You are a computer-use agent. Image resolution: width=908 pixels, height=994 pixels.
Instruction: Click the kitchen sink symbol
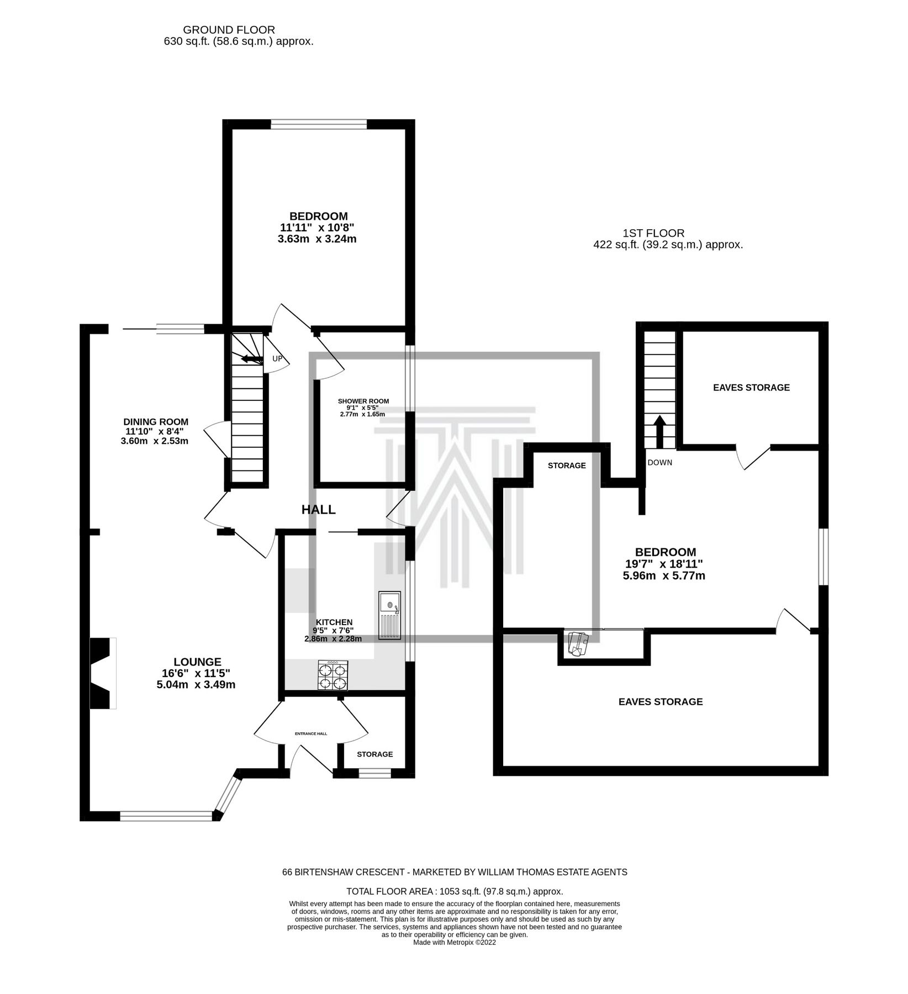[390, 616]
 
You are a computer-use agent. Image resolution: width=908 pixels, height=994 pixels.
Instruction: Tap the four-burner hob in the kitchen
[332, 675]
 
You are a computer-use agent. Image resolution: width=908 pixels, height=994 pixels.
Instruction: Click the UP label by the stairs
[277, 359]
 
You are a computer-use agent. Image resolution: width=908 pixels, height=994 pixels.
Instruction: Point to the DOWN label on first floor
[660, 462]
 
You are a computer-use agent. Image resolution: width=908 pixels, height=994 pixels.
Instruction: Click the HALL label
[318, 510]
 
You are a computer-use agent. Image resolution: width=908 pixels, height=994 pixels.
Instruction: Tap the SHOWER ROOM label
[363, 401]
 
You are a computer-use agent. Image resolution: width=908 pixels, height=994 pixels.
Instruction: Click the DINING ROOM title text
[156, 422]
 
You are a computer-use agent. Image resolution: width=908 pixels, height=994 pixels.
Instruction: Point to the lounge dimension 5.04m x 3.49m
[196, 685]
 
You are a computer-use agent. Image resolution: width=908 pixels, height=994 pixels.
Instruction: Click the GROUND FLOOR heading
[229, 30]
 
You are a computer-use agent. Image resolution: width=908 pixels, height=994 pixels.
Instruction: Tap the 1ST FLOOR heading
[653, 234]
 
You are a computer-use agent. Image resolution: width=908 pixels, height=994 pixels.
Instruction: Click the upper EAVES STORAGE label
[751, 388]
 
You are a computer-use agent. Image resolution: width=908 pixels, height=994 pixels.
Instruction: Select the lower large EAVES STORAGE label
[661, 702]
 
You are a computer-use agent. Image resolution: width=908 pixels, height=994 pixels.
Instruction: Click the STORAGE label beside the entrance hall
[374, 754]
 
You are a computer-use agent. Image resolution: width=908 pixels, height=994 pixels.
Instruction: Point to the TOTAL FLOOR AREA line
[454, 891]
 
